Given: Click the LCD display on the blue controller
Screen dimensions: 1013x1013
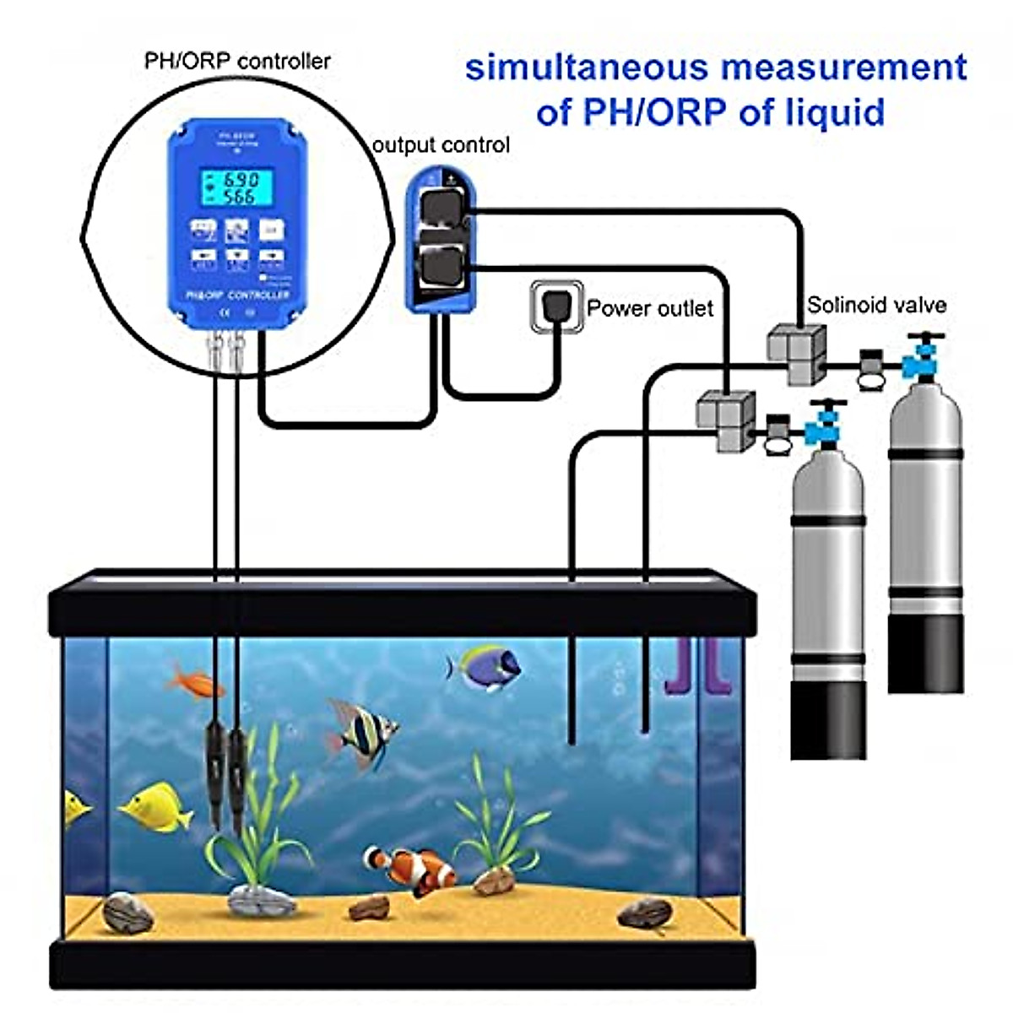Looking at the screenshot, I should pyautogui.click(x=237, y=188).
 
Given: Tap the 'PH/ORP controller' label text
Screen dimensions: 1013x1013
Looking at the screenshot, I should pyautogui.click(x=237, y=61).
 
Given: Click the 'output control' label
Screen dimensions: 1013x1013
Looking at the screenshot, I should pyautogui.click(x=441, y=145).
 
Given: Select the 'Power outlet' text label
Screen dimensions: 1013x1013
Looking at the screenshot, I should pyautogui.click(x=650, y=309).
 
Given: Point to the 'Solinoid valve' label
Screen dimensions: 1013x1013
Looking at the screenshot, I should pyautogui.click(x=876, y=306).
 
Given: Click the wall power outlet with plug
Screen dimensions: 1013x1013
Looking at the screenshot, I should pyautogui.click(x=556, y=306).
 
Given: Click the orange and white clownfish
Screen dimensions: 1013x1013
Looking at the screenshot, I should pyautogui.click(x=411, y=869).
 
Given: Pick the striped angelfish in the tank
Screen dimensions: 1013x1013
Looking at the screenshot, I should pyautogui.click(x=363, y=731).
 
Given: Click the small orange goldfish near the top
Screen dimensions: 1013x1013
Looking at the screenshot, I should pyautogui.click(x=196, y=681).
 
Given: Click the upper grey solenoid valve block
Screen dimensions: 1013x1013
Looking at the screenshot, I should pyautogui.click(x=797, y=353).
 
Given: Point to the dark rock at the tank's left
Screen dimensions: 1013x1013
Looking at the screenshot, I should pyautogui.click(x=127, y=913).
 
